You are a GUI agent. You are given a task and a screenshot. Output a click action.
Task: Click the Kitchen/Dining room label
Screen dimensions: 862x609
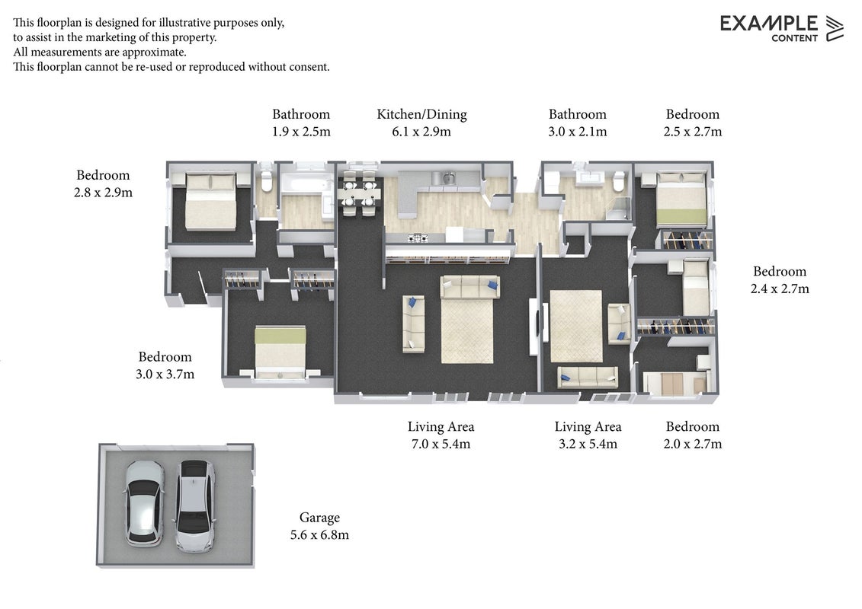tap(421, 114)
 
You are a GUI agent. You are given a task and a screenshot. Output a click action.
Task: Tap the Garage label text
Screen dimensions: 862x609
tap(319, 518)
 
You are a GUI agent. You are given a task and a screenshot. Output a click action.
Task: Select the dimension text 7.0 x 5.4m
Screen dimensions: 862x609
tap(441, 444)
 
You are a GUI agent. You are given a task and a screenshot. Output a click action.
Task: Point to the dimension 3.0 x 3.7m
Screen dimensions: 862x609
tap(165, 374)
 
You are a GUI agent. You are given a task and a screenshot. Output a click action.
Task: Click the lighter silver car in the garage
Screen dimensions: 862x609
tap(145, 503)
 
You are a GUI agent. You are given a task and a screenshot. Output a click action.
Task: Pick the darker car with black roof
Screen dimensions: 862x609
tap(195, 505)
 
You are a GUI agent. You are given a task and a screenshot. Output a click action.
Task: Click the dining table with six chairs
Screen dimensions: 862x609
tap(360, 193)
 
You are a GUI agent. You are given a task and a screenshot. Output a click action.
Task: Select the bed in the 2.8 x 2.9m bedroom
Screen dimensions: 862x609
tap(210, 202)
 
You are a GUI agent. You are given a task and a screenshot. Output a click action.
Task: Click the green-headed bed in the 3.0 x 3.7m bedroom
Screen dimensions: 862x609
tap(280, 352)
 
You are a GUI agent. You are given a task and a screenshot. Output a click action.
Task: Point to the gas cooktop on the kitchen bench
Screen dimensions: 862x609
tap(418, 238)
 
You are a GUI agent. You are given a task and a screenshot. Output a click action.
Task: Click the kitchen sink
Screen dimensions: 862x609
tap(445, 177)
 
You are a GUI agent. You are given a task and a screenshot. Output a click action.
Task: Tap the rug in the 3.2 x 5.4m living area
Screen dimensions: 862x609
tap(577, 326)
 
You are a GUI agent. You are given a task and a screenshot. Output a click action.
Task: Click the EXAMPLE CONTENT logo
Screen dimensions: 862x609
tap(781, 28)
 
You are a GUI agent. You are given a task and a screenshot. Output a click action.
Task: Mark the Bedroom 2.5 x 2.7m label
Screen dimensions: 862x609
tap(693, 123)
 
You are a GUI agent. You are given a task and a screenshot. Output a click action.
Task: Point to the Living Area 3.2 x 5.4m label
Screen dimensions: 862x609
tap(588, 435)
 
